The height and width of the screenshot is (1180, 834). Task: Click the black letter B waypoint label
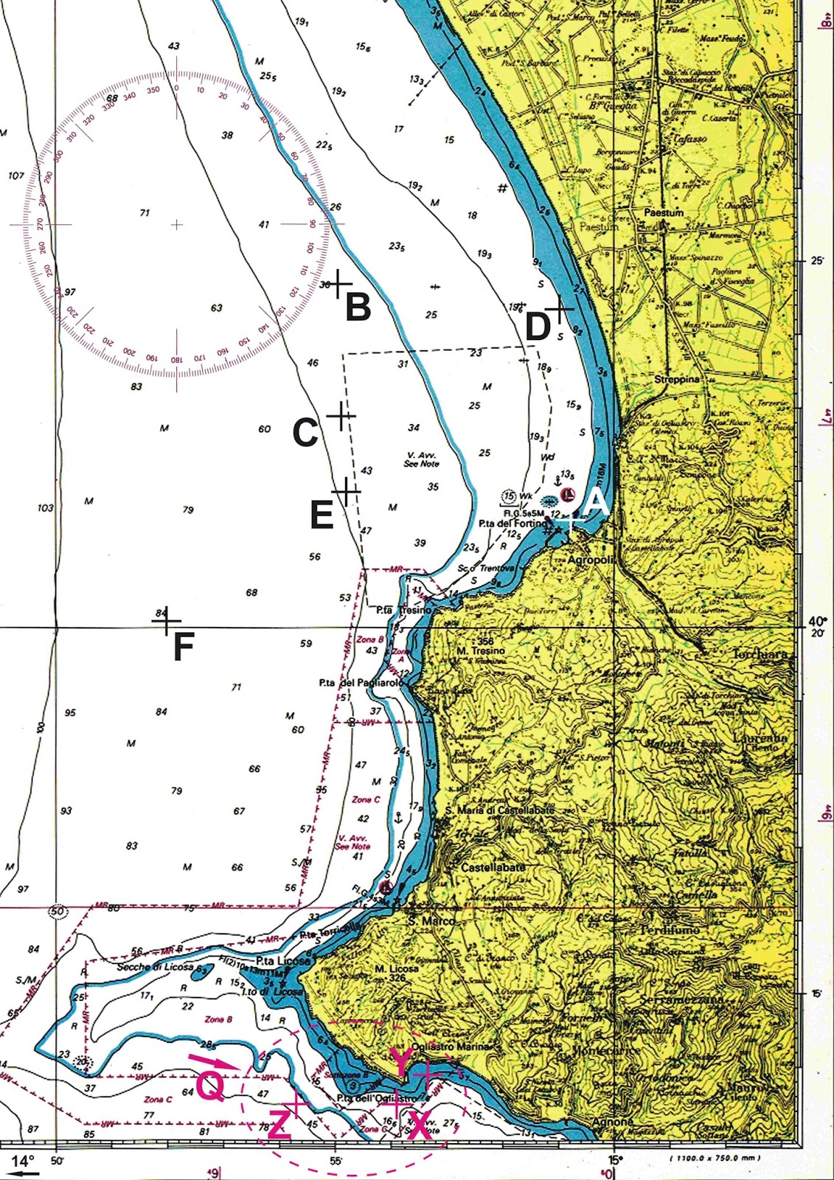pyautogui.click(x=358, y=307)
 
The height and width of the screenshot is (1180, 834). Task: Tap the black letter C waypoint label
pyautogui.click(x=305, y=433)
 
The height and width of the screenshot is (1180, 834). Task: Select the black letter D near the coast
pyautogui.click(x=538, y=327)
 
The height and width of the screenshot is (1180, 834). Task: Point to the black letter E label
pyautogui.click(x=322, y=516)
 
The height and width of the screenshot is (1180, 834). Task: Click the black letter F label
pyautogui.click(x=183, y=648)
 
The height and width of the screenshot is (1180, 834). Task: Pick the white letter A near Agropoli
pyautogui.click(x=596, y=503)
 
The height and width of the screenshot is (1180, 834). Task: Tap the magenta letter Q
pyautogui.click(x=209, y=1086)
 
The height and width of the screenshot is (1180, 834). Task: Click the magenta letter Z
pyautogui.click(x=279, y=1125)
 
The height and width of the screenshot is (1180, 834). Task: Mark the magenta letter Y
pyautogui.click(x=400, y=1063)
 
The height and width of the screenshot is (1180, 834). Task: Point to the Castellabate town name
pyautogui.click(x=493, y=867)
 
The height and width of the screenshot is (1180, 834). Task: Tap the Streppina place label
pyautogui.click(x=677, y=379)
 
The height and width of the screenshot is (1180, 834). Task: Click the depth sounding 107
pyautogui.click(x=16, y=176)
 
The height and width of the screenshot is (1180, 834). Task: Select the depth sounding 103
pyautogui.click(x=45, y=508)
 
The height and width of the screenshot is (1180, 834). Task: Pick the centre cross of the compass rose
pyautogui.click(x=176, y=224)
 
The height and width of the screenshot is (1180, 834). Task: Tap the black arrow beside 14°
pyautogui.click(x=24, y=1170)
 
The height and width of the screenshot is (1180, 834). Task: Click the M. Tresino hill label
pyautogui.click(x=481, y=650)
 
